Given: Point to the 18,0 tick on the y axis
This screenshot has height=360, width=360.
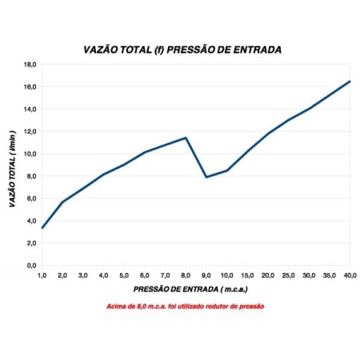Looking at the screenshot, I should tap(30, 64).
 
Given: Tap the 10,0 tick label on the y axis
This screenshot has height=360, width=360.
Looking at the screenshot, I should tap(30, 154).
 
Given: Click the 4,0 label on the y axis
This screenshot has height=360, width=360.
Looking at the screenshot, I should tap(31, 221).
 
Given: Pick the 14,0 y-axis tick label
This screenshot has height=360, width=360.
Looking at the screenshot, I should tap(30, 109).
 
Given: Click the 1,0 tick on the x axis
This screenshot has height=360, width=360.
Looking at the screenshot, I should tap(42, 275).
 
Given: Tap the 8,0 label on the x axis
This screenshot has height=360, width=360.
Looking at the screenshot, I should tap(185, 275).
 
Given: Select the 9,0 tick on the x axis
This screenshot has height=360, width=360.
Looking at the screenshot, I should tap(206, 275).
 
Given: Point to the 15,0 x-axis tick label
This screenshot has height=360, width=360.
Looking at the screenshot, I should tap(247, 275).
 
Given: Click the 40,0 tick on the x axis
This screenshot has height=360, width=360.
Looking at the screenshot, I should tap(349, 275).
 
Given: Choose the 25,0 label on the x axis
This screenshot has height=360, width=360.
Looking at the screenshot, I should tap(288, 275).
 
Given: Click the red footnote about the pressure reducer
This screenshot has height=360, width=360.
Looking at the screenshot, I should tap(185, 306).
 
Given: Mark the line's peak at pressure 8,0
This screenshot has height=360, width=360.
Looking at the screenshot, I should tap(186, 138).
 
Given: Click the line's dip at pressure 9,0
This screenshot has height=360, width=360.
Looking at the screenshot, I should tap(206, 177).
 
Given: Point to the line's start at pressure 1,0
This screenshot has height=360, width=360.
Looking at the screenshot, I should tap(42, 228).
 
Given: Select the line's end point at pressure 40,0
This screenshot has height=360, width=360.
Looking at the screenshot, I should tap(349, 81).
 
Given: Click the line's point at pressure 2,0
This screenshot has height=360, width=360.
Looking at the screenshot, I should tap(62, 202).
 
